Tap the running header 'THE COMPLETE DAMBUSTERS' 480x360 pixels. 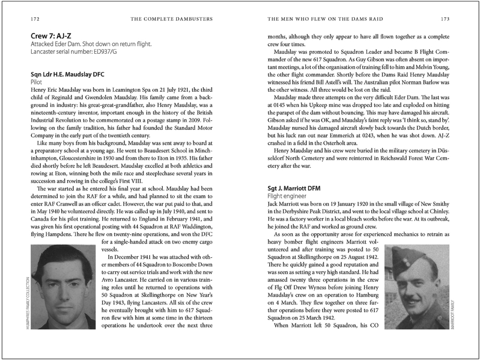[x=172, y=19]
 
